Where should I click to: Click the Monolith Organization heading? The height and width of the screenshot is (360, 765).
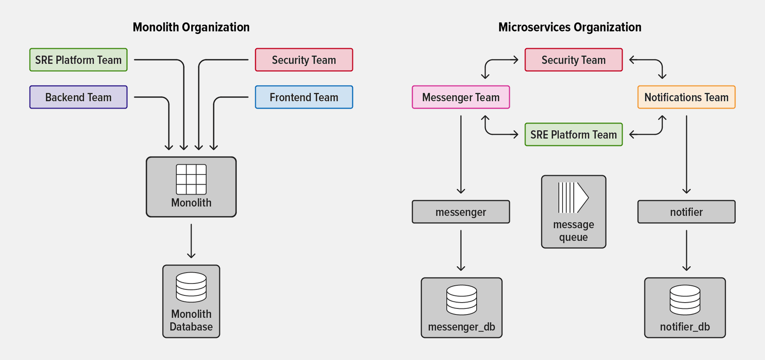191,27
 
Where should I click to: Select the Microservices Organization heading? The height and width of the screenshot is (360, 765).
569,27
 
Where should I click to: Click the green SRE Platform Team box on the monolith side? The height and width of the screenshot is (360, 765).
78,60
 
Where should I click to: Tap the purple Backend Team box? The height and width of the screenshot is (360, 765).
78,97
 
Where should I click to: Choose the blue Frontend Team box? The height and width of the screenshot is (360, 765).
304,97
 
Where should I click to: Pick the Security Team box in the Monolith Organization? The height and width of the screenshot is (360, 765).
304,60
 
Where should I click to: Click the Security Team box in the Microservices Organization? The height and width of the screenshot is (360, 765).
573,60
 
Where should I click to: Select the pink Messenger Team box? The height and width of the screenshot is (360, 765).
460,97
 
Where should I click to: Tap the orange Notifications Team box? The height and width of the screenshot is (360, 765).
686,97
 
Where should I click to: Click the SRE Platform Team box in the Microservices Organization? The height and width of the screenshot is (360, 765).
573,134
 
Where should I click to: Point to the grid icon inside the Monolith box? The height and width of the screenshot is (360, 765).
191,179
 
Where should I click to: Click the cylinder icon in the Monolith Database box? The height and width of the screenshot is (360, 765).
191,287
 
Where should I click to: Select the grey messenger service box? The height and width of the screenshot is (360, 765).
460,212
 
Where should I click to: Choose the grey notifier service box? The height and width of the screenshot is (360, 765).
686,212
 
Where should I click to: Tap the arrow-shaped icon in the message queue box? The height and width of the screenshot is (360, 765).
573,197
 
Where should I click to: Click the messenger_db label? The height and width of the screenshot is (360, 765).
461,327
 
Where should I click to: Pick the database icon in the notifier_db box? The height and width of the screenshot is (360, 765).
685,300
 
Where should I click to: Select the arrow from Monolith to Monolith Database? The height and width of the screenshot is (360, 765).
191,241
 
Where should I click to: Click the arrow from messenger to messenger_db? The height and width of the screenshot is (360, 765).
461,251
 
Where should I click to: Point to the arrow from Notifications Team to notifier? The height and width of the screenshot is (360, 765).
687,154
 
